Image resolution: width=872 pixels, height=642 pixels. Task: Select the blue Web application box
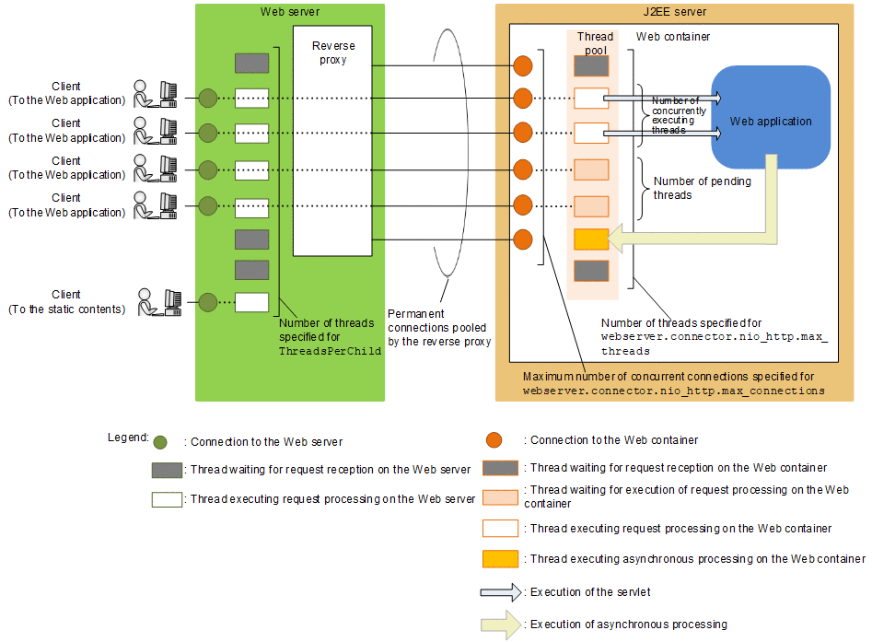(x=771, y=117)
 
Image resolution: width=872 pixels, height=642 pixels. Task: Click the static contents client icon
(x=157, y=302)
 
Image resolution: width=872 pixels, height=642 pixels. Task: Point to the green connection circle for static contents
(x=207, y=302)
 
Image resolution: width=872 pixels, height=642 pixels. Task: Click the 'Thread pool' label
(x=595, y=43)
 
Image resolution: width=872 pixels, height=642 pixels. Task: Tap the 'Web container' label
(x=673, y=37)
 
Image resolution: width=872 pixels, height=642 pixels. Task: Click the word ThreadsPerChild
(x=330, y=352)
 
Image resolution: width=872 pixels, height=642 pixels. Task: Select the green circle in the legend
(x=161, y=442)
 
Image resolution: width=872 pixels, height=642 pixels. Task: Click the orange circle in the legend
(x=494, y=439)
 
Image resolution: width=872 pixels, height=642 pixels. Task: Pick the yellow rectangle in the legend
(x=499, y=558)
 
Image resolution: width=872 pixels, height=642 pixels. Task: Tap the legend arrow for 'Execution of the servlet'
(x=498, y=591)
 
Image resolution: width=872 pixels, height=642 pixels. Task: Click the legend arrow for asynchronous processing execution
(x=499, y=624)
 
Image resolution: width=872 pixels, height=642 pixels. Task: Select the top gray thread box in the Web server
(x=251, y=64)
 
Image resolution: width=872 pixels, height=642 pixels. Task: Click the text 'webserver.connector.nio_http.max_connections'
(x=673, y=391)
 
